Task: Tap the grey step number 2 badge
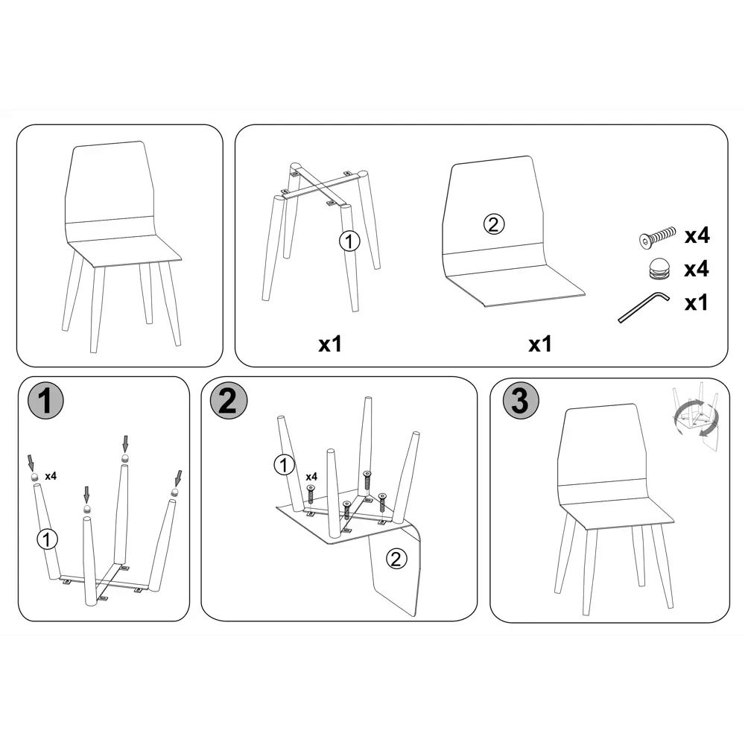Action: point(229,401)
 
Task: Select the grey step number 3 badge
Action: point(521,401)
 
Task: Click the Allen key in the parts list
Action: point(644,308)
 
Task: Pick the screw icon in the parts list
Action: point(658,237)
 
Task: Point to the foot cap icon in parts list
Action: point(659,268)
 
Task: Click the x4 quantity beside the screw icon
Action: point(697,235)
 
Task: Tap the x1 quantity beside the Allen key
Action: point(697,302)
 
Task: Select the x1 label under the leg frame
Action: point(330,344)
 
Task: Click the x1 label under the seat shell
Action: point(540,344)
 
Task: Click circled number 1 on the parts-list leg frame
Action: point(349,241)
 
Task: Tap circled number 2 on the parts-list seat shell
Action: point(494,223)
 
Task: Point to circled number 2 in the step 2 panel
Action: point(396,559)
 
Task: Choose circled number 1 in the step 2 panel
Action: point(284,465)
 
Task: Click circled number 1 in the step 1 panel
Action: point(46,539)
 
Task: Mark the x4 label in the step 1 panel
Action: point(51,475)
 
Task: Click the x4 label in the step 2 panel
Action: point(311,477)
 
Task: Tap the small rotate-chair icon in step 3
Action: point(695,416)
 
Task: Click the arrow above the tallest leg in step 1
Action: point(125,444)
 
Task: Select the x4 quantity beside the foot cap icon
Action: point(697,269)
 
